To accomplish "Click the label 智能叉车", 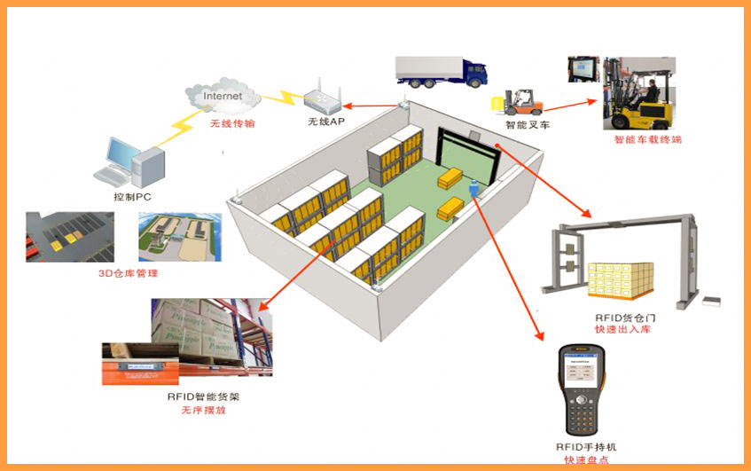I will (528, 125).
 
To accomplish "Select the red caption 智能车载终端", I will (648, 139).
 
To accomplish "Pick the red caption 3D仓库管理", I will (129, 273).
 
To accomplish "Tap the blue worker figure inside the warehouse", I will (473, 189).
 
